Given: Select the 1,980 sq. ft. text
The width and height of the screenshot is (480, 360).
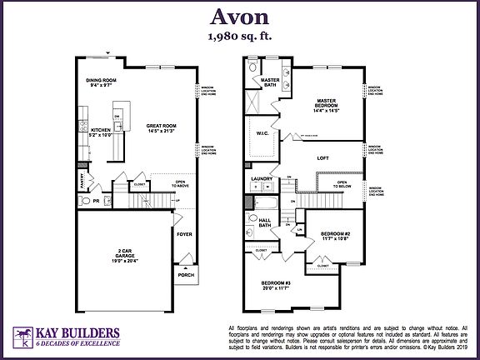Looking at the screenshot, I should [239, 37].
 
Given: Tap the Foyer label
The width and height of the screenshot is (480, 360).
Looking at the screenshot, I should [184, 233].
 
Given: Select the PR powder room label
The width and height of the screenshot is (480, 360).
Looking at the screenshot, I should [97, 201].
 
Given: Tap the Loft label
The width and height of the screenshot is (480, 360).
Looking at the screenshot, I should [325, 156].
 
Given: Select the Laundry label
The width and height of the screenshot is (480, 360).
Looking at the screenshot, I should [262, 177].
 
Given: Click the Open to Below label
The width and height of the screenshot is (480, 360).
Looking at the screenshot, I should [342, 185].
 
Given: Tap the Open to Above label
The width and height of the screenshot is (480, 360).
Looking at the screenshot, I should [181, 184].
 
